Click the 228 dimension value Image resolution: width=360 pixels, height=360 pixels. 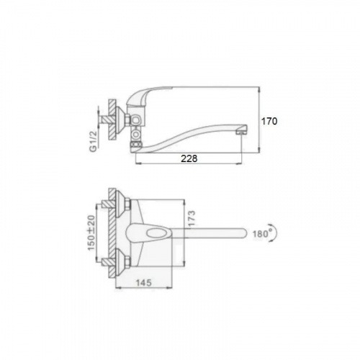[x=189, y=158]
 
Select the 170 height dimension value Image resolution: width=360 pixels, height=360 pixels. [x=269, y=121]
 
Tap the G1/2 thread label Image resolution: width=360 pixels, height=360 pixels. [x=93, y=140]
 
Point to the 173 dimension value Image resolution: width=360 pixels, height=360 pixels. [x=192, y=218]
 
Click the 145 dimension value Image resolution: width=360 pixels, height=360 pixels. [x=144, y=282]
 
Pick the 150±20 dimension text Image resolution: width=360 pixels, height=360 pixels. [x=91, y=233]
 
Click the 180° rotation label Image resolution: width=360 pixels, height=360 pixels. [x=261, y=233]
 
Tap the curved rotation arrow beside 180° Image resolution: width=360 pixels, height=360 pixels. [x=276, y=233]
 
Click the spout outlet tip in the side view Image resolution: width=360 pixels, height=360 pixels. [x=241, y=132]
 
